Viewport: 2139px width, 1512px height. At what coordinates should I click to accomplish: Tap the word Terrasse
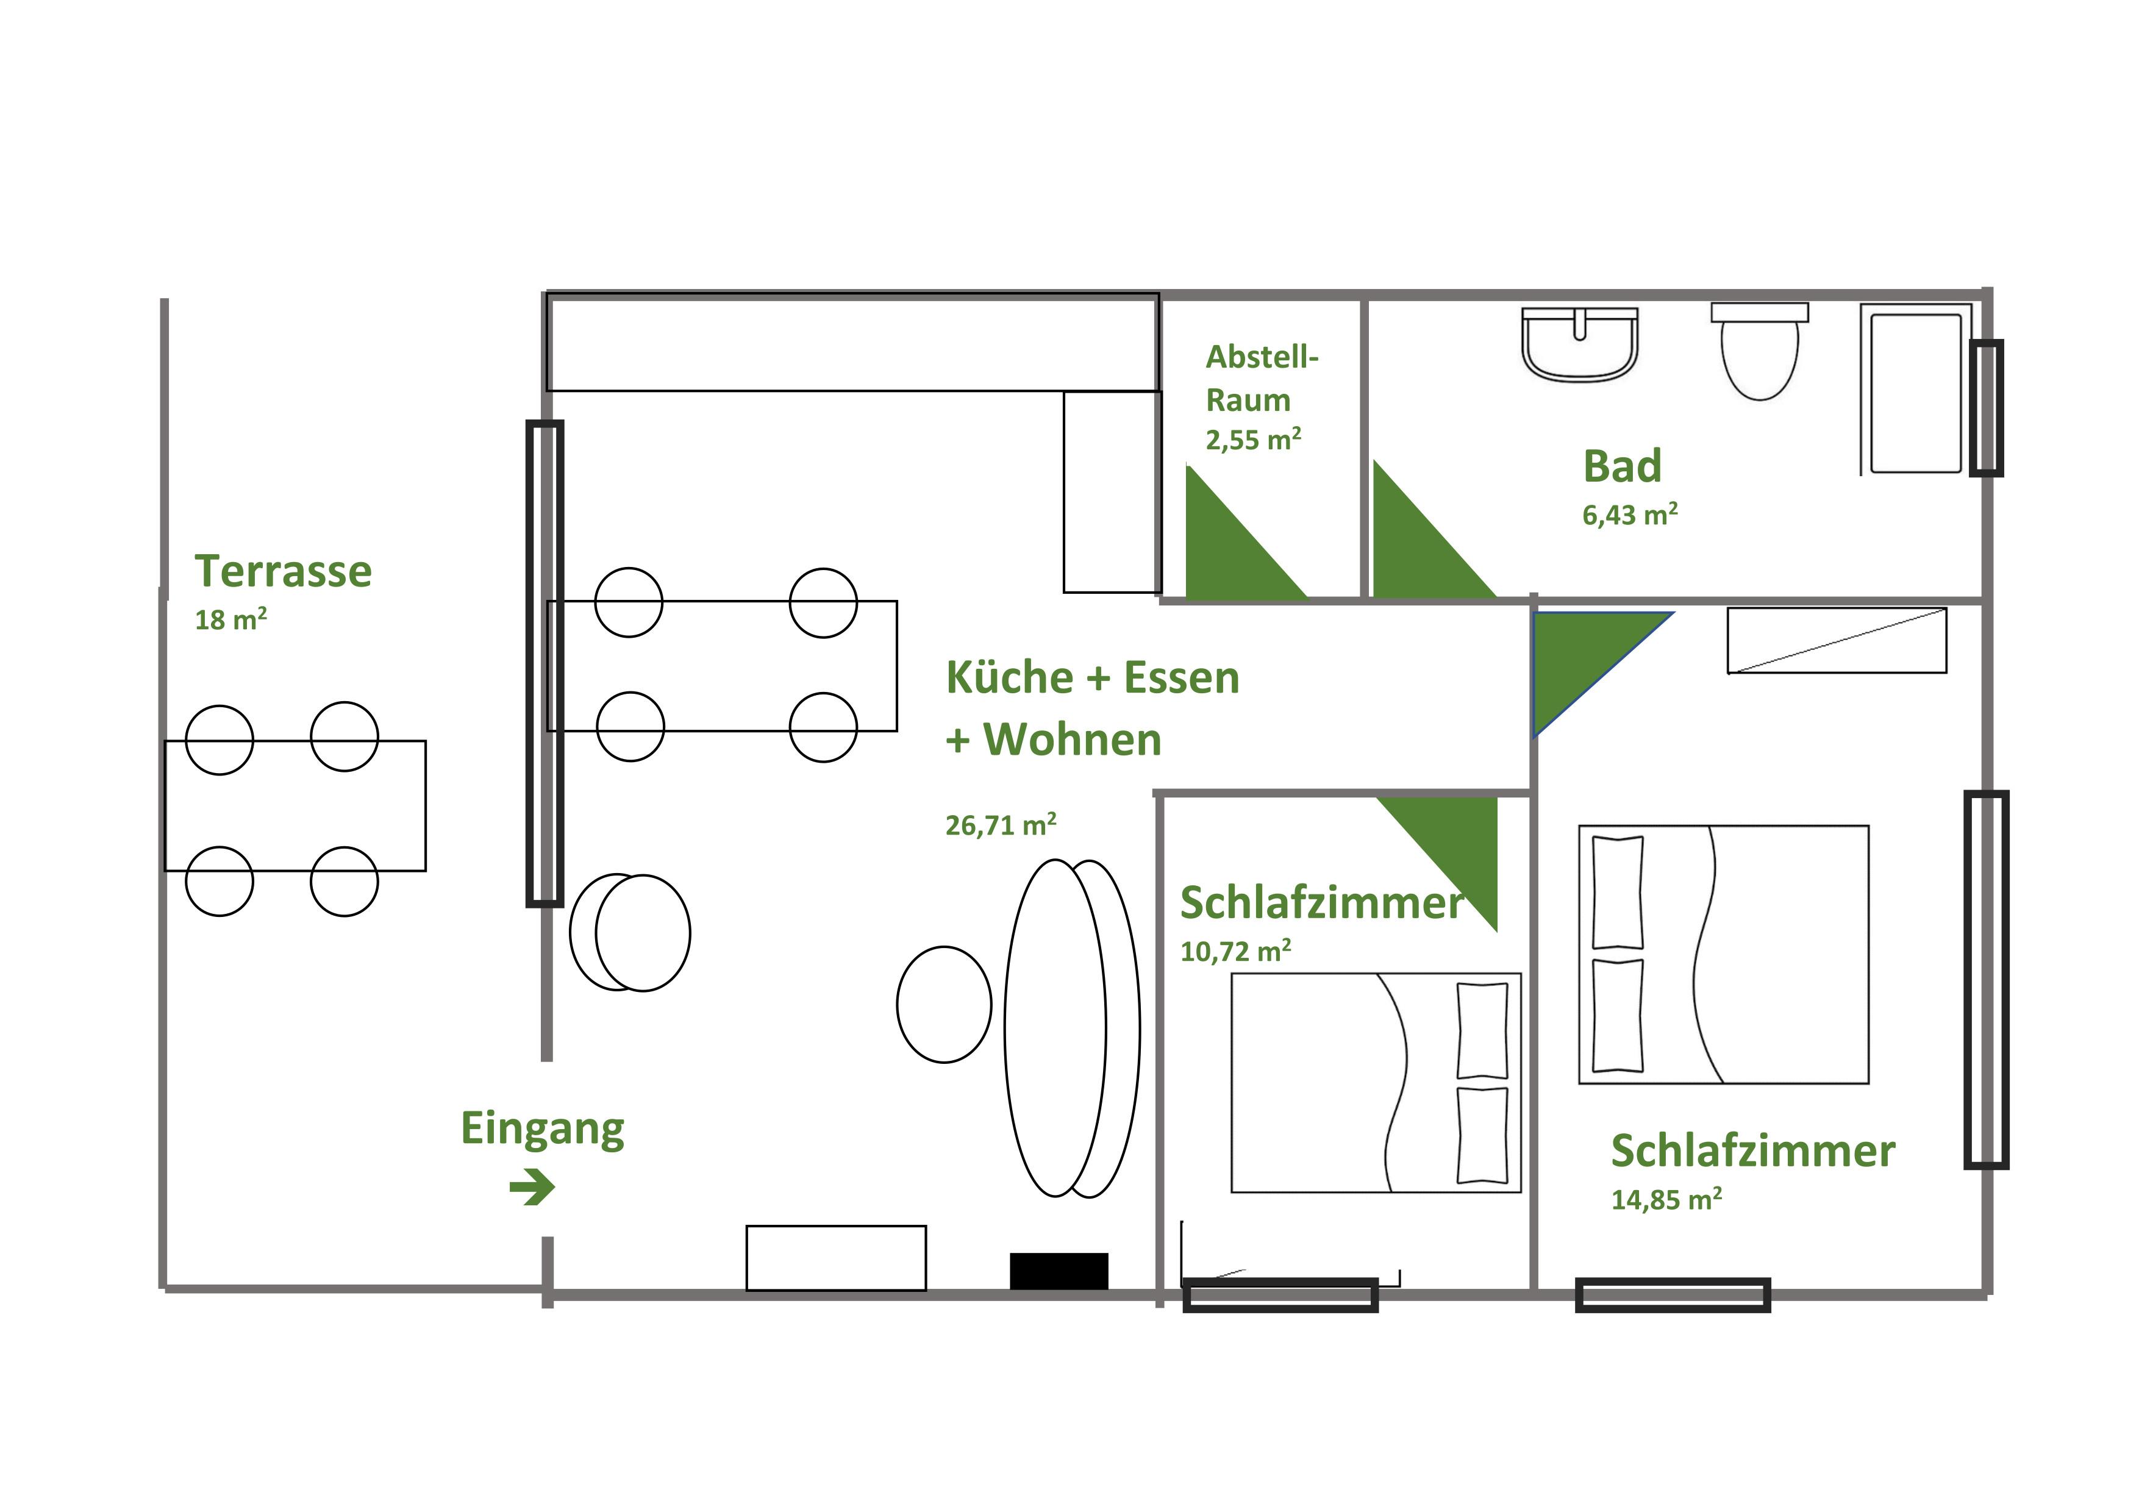point(283,571)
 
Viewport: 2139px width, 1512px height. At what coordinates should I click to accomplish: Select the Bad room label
point(1622,466)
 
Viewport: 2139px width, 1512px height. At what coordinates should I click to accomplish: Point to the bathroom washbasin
point(1579,344)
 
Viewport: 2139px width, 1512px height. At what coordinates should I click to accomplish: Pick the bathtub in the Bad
point(1916,390)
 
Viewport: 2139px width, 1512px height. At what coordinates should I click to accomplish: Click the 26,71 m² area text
point(1001,824)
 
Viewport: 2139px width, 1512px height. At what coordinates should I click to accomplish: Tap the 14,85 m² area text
point(1666,1199)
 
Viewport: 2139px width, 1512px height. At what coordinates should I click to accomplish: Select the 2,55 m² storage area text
point(1253,440)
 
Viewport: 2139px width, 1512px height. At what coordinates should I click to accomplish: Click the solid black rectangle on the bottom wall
point(1059,1271)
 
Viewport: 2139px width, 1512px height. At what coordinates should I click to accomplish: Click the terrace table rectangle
point(295,806)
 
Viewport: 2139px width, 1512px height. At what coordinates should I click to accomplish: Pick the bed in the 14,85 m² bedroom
point(1724,955)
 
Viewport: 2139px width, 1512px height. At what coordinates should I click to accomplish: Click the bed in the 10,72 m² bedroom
point(1376,1083)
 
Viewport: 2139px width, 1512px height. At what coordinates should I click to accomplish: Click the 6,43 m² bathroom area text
point(1630,514)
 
